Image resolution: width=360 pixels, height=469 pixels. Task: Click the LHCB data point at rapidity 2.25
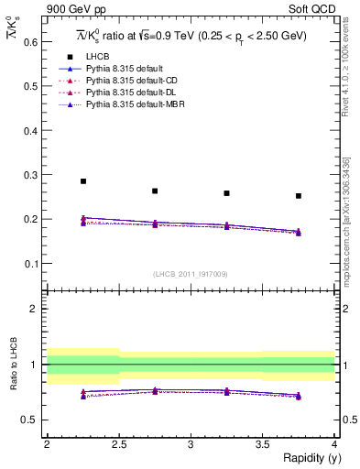[83, 181]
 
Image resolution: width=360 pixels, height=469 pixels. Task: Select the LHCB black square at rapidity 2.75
[155, 191]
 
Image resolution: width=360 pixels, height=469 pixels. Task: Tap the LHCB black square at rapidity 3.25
[226, 193]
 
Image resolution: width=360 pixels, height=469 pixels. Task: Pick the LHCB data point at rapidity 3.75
[298, 196]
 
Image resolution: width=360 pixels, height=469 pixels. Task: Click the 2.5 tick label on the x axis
[118, 444]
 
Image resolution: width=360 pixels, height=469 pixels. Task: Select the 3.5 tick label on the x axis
[262, 444]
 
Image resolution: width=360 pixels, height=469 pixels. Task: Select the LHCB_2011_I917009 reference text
[190, 274]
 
